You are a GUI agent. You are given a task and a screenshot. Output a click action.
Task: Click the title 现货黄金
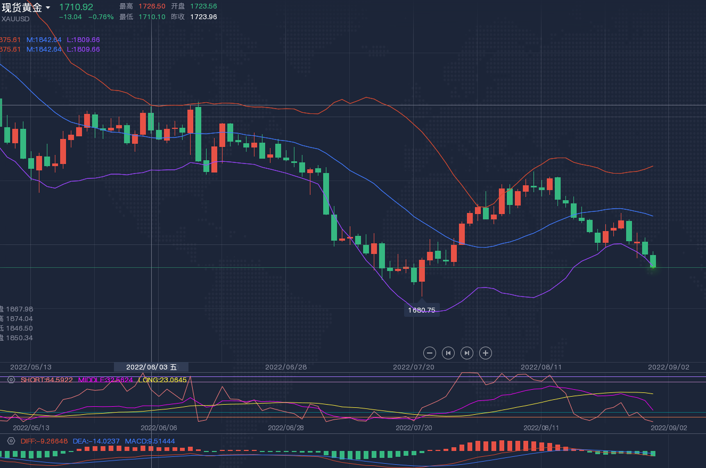pyautogui.click(x=22, y=7)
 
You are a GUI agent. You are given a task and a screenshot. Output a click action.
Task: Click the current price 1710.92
pyautogui.click(x=76, y=7)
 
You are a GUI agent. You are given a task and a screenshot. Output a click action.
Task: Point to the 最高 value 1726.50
pyautogui.click(x=152, y=6)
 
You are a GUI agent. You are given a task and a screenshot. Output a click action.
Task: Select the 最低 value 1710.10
pyautogui.click(x=152, y=17)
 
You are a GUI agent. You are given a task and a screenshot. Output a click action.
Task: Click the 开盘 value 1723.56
pyautogui.click(x=203, y=6)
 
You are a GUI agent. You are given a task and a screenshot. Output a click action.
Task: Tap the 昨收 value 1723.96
pyautogui.click(x=203, y=17)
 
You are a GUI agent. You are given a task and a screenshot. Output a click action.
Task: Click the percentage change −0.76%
pyautogui.click(x=101, y=17)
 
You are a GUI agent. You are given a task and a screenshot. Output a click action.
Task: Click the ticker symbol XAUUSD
pyautogui.click(x=15, y=19)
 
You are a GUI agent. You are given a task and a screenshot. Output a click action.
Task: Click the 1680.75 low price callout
pyautogui.click(x=422, y=310)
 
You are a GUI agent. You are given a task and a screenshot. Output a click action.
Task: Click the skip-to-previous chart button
pyautogui.click(x=448, y=352)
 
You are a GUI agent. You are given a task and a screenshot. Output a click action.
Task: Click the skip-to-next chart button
pyautogui.click(x=466, y=352)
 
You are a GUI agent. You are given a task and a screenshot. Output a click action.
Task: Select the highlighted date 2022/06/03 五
pyautogui.click(x=151, y=367)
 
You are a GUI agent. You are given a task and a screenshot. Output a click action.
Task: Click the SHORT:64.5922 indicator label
pyautogui.click(x=47, y=380)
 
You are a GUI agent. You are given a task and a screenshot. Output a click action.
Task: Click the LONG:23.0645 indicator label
pyautogui.click(x=162, y=380)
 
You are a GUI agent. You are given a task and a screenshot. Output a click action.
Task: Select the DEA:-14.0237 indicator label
pyautogui.click(x=96, y=441)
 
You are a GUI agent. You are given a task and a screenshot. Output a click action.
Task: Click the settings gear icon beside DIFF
pyautogui.click(x=11, y=441)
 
